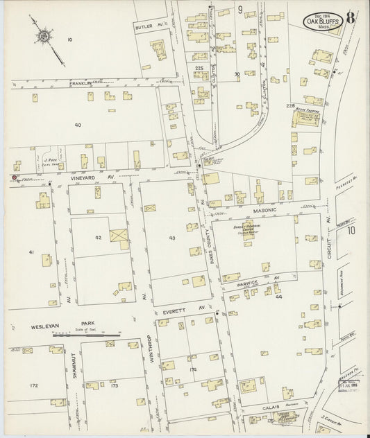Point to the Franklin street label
tap(81, 82)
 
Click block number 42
tap(99, 237)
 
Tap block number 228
tap(290, 105)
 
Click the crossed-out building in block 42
tap(119, 238)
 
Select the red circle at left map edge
tap(13, 177)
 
